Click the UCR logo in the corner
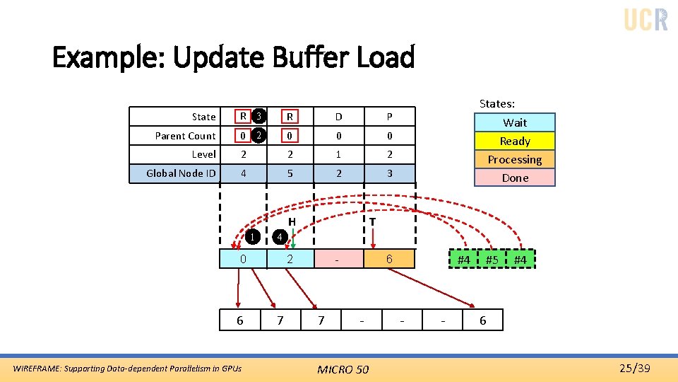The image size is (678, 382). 646,19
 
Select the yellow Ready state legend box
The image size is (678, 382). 515,141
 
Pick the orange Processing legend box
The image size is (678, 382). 515,159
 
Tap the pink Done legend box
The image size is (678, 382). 515,178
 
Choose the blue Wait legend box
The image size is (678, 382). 515,122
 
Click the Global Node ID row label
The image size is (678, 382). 181,173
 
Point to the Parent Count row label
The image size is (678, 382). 185,136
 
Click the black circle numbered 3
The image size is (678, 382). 259,115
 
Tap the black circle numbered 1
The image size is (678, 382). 254,236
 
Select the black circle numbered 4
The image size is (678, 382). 280,236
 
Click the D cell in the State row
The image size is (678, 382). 338,117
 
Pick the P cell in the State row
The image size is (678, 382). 389,117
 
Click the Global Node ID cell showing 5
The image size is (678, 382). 289,173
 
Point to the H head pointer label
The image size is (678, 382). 291,221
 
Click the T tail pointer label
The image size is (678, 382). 371,221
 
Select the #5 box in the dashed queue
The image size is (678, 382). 492,260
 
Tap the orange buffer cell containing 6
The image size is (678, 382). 389,260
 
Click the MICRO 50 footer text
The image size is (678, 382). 343,369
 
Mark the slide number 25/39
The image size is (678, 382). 634,368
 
